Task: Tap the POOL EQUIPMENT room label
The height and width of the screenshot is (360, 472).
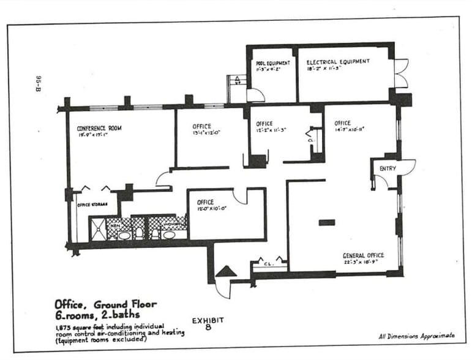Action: pyautogui.click(x=272, y=62)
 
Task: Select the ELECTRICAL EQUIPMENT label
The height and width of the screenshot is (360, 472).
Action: pyautogui.click(x=337, y=62)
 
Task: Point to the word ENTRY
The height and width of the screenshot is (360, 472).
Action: pyautogui.click(x=388, y=168)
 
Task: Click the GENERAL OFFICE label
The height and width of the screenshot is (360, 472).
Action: pyautogui.click(x=363, y=255)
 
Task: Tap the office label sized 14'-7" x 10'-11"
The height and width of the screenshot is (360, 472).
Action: pyautogui.click(x=342, y=123)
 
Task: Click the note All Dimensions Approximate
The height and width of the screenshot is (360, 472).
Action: pyautogui.click(x=416, y=336)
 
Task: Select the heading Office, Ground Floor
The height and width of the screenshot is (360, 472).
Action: pyautogui.click(x=105, y=304)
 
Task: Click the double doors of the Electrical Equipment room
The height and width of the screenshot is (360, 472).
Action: pyautogui.click(x=400, y=73)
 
